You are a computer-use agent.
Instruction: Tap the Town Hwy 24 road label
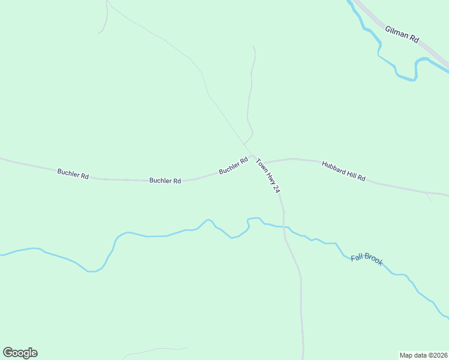click(268, 175)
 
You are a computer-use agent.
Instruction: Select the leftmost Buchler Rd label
click(73, 174)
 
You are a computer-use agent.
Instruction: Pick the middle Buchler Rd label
click(165, 180)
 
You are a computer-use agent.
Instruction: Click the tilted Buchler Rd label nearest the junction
click(234, 166)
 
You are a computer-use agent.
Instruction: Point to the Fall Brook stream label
click(366, 259)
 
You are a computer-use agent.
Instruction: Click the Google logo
click(20, 353)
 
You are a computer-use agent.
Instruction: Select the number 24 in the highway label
click(276, 188)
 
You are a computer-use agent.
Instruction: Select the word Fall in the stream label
click(357, 256)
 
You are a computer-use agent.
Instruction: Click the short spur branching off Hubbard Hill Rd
click(429, 197)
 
